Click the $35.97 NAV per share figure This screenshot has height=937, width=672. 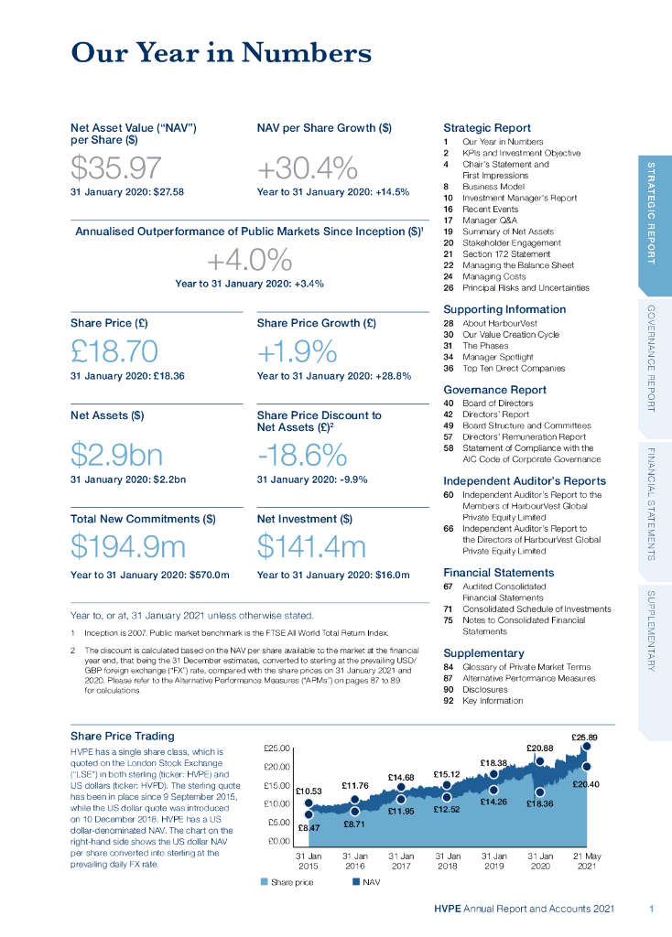[116, 168]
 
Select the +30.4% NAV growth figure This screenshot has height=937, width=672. [307, 168]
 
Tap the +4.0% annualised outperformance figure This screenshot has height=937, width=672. [248, 260]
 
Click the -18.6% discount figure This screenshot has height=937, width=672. [302, 455]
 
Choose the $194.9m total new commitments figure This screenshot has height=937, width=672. [128, 546]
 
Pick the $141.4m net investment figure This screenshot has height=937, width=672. [311, 546]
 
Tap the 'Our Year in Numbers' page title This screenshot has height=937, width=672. [221, 53]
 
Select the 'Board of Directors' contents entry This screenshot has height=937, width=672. [501, 404]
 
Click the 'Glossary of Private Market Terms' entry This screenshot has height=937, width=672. [526, 667]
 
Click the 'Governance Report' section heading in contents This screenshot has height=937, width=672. [494, 389]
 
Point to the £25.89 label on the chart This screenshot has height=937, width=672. [584, 738]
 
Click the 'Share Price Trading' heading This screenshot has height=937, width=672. [122, 736]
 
